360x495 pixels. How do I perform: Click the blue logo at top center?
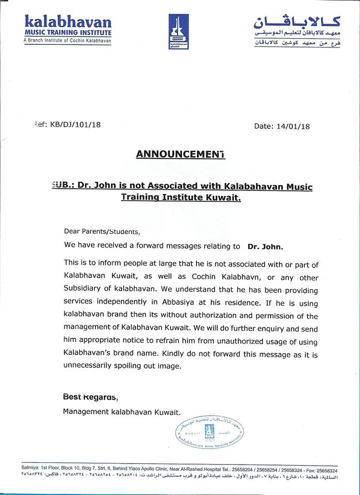(x=178, y=31)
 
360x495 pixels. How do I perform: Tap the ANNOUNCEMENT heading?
(x=181, y=154)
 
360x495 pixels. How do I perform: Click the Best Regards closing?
(x=90, y=397)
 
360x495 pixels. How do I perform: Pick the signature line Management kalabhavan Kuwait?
(x=122, y=411)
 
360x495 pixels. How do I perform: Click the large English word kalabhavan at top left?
(x=68, y=22)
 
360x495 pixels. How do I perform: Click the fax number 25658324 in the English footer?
(x=325, y=471)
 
